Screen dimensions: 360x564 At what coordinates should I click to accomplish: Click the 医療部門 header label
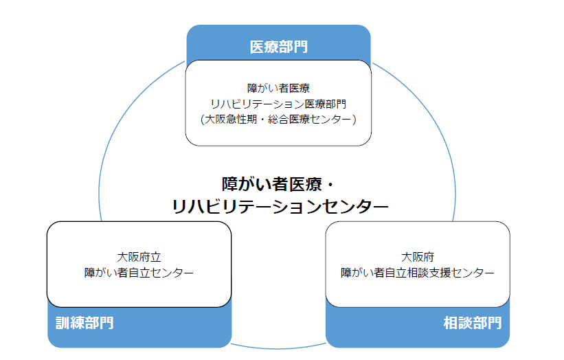(x=278, y=47)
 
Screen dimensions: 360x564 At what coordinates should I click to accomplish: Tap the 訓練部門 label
(x=84, y=323)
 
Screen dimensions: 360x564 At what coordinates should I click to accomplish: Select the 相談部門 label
(x=473, y=323)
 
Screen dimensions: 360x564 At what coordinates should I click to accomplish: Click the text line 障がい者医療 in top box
(x=278, y=89)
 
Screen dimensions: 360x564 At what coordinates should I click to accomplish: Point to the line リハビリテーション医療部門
(x=278, y=104)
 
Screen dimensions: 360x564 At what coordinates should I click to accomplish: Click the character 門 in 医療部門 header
(x=300, y=47)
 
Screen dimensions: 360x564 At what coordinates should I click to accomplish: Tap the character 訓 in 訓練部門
(x=63, y=323)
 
